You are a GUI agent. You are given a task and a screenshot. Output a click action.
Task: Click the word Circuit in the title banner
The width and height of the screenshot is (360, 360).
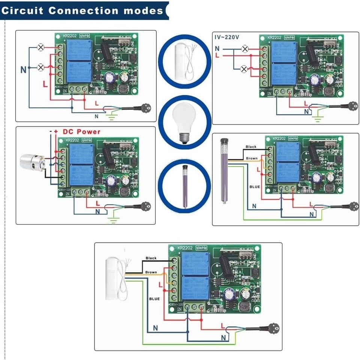coord(22,10)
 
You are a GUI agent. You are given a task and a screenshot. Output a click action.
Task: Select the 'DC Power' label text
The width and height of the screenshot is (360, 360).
coord(81,132)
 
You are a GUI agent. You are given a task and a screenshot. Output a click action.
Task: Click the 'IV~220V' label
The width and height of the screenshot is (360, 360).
coord(226,37)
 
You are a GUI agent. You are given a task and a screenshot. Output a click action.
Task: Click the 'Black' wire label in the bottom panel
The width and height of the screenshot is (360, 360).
coord(151,258)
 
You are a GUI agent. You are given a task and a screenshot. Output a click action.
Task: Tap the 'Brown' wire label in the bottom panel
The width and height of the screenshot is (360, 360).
coord(151,272)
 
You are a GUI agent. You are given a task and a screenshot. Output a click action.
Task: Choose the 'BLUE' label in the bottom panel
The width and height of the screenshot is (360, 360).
coord(154,298)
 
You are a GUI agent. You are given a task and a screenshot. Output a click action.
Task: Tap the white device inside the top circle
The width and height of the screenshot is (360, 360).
coord(180,60)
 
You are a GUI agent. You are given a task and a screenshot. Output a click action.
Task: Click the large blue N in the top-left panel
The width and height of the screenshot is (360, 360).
coord(24,69)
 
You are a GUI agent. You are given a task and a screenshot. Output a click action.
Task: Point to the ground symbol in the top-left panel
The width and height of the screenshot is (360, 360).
coord(111,118)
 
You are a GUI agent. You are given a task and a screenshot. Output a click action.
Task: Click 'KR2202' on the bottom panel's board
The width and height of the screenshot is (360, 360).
coord(185,248)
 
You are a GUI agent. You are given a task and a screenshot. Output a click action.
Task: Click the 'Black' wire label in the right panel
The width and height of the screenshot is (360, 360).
coord(251,147)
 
